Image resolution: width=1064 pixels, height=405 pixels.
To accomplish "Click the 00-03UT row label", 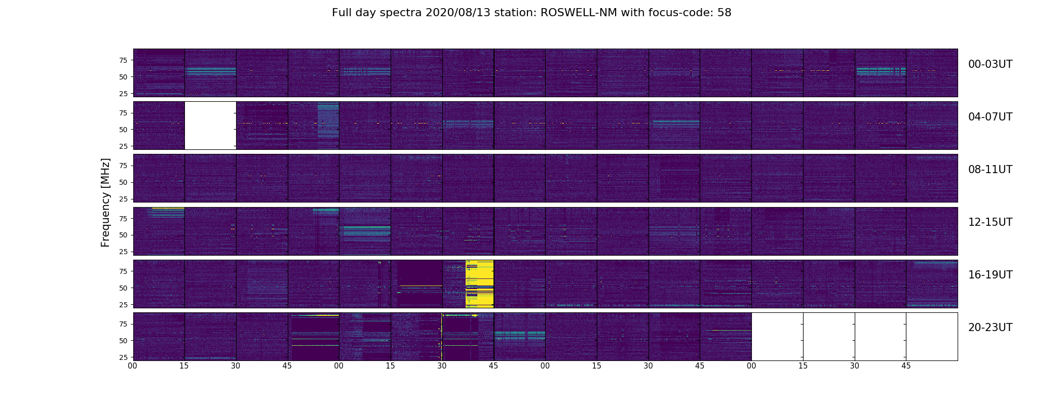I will click(990, 64).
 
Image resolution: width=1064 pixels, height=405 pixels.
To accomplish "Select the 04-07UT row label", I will click(990, 117).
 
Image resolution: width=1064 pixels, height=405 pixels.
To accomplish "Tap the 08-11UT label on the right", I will click(990, 170).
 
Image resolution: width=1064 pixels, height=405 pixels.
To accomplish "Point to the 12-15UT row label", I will click(990, 222).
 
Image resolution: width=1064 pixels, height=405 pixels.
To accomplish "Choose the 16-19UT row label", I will click(990, 275).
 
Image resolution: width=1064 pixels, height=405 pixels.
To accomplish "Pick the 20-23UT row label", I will click(990, 328).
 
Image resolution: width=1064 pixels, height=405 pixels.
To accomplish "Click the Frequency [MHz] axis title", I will click(105, 202).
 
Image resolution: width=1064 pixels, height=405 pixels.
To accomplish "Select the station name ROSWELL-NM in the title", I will click(579, 13).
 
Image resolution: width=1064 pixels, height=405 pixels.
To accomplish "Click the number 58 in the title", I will click(725, 13).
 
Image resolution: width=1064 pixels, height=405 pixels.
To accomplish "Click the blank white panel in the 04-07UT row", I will click(210, 126).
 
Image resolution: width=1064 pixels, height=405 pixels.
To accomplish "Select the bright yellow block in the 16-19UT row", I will click(480, 283).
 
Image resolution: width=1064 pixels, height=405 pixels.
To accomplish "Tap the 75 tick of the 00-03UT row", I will click(123, 60).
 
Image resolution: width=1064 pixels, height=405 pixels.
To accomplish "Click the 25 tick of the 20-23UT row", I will click(123, 357).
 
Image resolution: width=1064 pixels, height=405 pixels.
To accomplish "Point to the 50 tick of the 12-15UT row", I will click(123, 235).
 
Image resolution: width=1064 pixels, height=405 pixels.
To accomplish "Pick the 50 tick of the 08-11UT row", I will click(123, 182).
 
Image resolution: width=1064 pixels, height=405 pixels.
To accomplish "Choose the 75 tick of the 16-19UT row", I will click(123, 271).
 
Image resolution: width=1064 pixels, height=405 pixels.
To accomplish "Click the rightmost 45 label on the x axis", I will click(906, 366).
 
